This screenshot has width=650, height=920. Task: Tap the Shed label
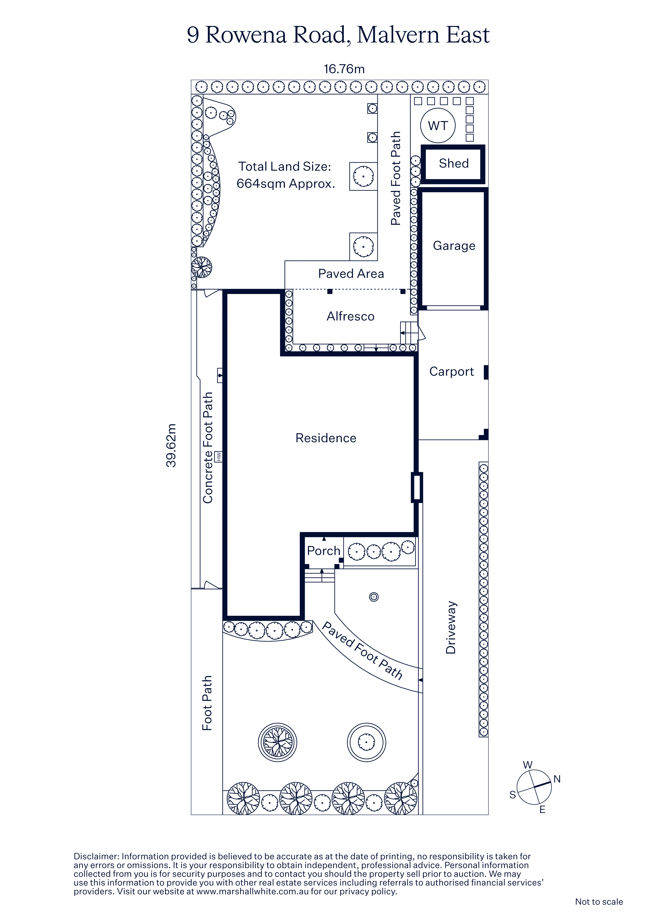coord(454,163)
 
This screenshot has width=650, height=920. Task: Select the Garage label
coord(454,246)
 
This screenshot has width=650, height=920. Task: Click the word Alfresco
coord(350,317)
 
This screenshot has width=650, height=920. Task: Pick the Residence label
coord(326,438)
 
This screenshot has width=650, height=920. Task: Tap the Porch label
coord(324,551)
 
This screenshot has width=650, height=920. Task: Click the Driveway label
coord(451,628)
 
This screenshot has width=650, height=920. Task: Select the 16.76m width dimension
coord(344,69)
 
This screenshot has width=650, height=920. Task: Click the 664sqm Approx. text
coord(285,184)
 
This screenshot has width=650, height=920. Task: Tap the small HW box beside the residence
coord(219,456)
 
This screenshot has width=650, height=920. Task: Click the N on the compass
coord(557,779)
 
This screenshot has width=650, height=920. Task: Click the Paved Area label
coord(351,274)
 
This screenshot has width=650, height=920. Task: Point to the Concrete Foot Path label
coord(208,448)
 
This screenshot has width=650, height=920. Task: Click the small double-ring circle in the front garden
coord(374,597)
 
